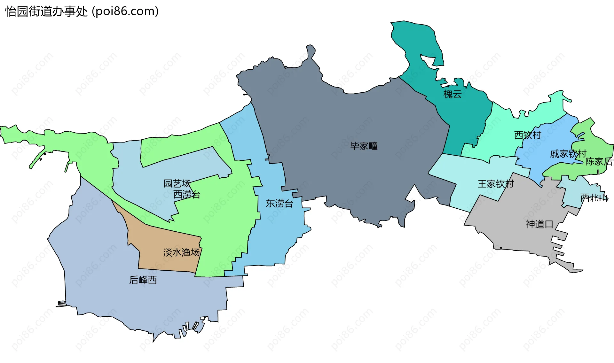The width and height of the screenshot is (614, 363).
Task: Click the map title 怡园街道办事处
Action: (46, 12)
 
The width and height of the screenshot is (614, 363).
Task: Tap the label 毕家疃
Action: (364, 146)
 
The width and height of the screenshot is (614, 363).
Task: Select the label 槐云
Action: (452, 94)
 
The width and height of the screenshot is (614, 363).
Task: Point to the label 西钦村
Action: (527, 135)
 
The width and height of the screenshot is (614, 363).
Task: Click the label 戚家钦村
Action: (568, 154)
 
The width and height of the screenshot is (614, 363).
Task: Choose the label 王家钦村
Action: (496, 184)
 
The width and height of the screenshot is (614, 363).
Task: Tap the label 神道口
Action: (539, 224)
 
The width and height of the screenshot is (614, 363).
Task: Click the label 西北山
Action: (594, 198)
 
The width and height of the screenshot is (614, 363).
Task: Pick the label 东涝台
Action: (279, 204)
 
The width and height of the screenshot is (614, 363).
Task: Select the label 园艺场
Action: (177, 183)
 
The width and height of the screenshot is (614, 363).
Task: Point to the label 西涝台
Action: (187, 194)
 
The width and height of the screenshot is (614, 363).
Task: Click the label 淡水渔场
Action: (181, 252)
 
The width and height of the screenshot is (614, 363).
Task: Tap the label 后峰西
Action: (143, 280)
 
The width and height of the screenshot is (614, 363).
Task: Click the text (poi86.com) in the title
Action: (125, 12)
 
